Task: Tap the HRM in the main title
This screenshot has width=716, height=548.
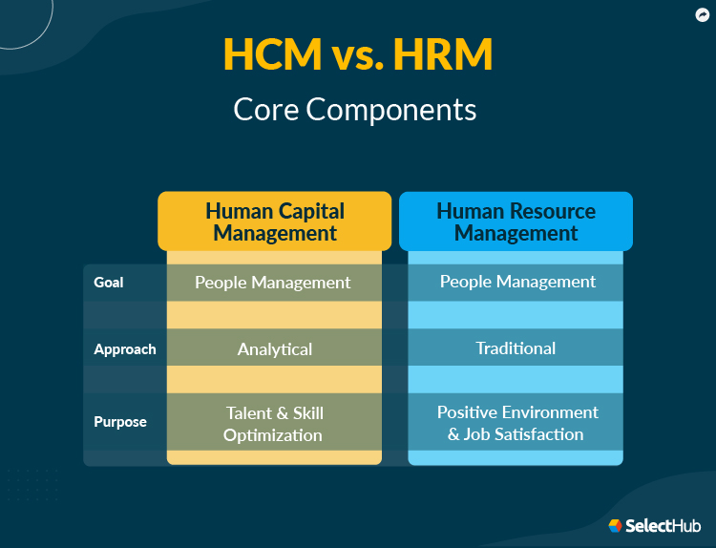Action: [x=448, y=55]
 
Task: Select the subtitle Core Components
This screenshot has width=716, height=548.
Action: [x=355, y=109]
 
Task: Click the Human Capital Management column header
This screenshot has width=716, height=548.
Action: [x=275, y=221]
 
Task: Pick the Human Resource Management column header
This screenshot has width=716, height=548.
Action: [x=516, y=221]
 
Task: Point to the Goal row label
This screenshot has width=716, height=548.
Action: [x=109, y=283]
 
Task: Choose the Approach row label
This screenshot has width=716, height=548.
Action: [x=125, y=349]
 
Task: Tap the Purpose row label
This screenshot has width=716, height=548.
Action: [x=120, y=422]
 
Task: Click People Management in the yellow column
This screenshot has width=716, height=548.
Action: [x=273, y=283]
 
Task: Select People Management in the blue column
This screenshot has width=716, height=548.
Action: [x=517, y=282]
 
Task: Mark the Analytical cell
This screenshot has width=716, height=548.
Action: [x=275, y=349]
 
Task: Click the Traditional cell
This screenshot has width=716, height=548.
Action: [x=516, y=348]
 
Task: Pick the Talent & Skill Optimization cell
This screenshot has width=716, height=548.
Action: [x=274, y=424]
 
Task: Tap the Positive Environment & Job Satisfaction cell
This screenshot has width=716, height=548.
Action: [x=516, y=423]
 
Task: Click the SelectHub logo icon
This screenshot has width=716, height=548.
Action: [x=616, y=525]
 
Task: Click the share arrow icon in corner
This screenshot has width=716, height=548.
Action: [x=702, y=14]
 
